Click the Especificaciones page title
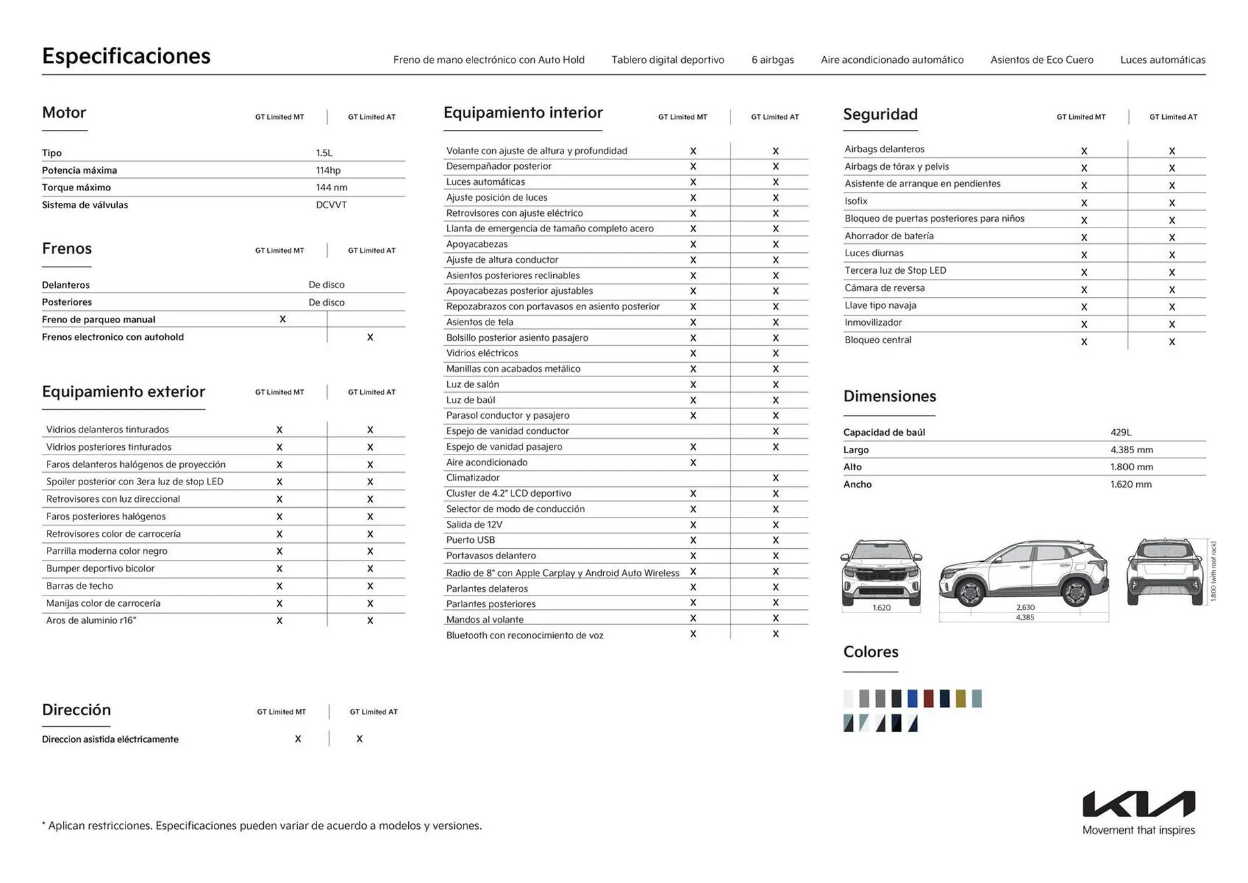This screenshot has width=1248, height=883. tap(126, 56)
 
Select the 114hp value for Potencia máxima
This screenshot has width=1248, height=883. tap(328, 170)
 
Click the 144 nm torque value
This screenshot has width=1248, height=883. tap(331, 187)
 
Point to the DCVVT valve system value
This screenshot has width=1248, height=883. tap(331, 205)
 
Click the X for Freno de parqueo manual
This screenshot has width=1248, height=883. tap(283, 319)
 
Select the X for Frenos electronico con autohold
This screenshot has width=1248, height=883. tap(370, 337)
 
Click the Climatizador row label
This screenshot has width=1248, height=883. tap(473, 477)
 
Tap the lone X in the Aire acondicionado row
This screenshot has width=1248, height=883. tap(693, 462)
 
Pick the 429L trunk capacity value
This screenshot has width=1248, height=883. tap(1121, 432)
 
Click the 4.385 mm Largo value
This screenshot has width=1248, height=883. tap(1131, 449)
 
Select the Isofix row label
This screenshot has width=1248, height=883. tap(856, 201)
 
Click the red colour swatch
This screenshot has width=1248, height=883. tap(928, 698)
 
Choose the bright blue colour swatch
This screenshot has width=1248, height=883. tap(913, 698)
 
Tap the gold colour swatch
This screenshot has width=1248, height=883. tap(961, 698)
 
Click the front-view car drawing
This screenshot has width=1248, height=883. tap(881, 572)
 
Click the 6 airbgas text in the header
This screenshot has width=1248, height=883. tap(772, 60)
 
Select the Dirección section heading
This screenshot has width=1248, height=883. tap(76, 709)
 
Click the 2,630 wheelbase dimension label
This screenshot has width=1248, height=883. tap(1025, 607)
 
